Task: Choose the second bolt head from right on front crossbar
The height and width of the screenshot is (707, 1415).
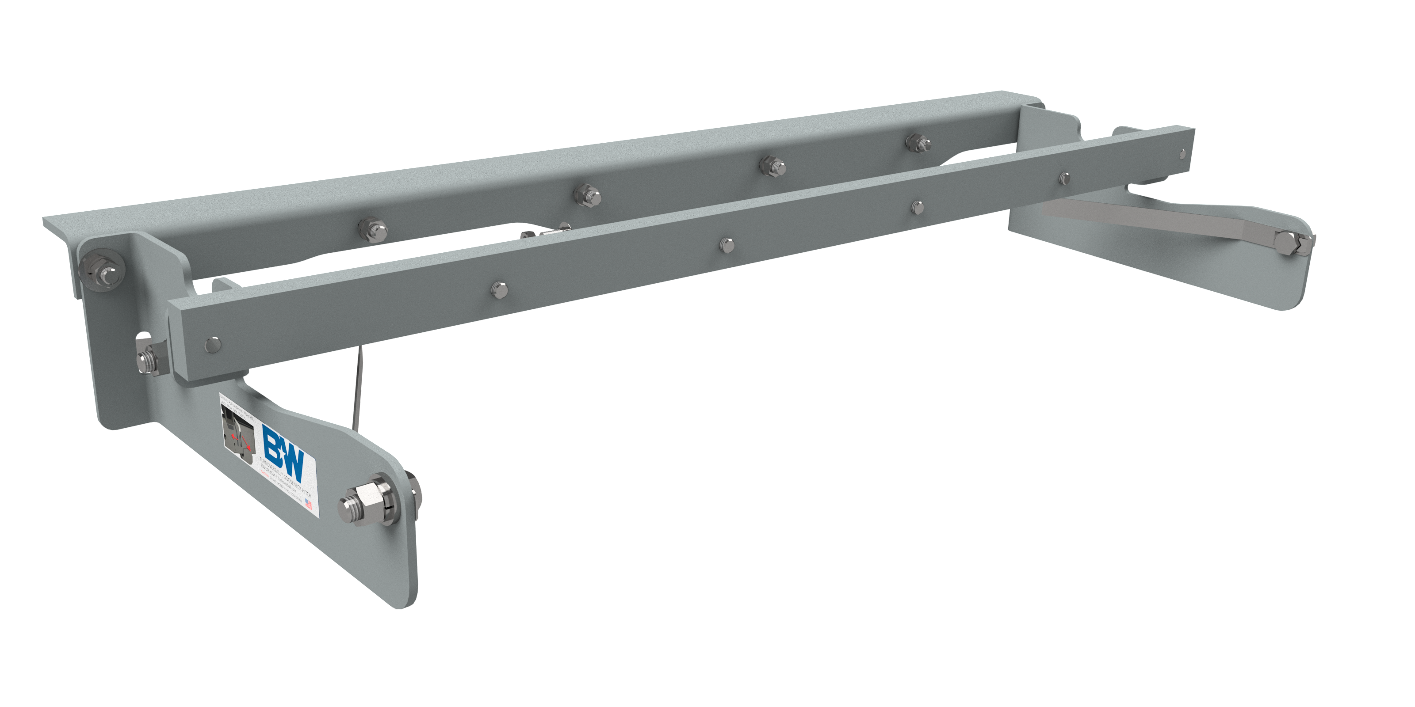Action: [x=1064, y=177]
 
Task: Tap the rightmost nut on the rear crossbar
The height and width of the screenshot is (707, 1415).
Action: [x=916, y=141]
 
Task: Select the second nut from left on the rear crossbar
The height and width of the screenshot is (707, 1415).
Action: [x=586, y=193]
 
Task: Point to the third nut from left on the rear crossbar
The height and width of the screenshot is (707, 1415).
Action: [x=771, y=165]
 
